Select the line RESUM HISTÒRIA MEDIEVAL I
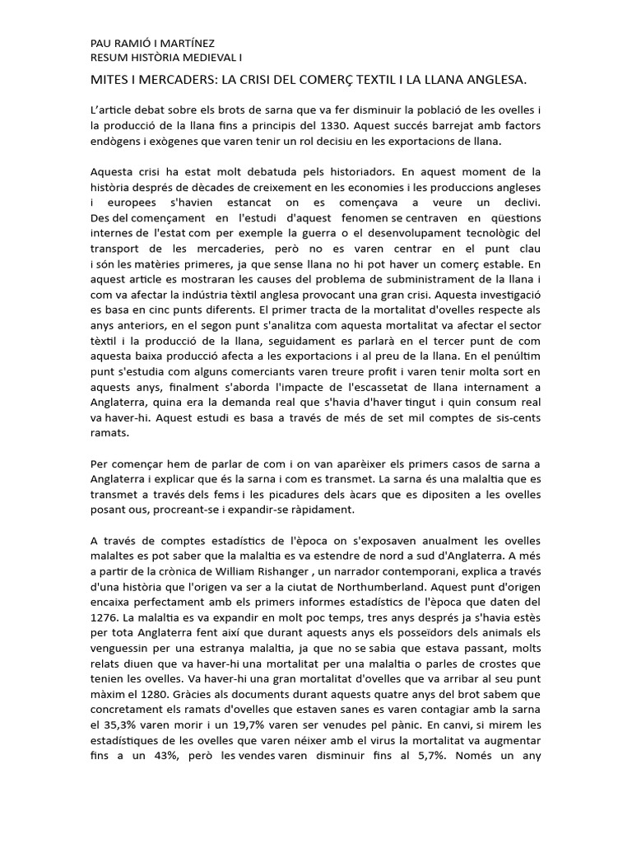pyautogui.click(x=165, y=58)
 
